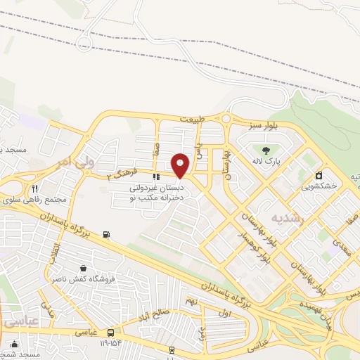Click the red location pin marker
point(181,165)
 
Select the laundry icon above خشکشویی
point(319,175)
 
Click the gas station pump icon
point(106,234)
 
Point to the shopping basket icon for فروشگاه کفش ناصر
point(84,268)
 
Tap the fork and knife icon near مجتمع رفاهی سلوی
point(34,188)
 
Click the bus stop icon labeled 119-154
point(111,333)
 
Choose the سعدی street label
point(342,247)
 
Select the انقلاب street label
point(54,250)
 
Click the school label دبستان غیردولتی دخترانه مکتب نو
point(156,194)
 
